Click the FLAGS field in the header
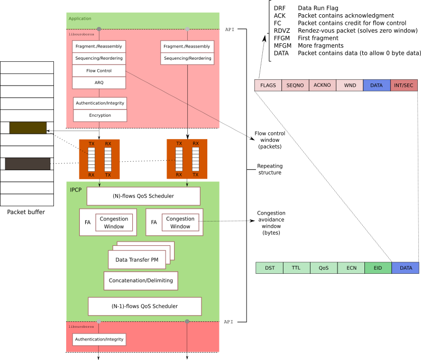click(268, 85)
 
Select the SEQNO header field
click(295, 85)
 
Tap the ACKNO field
click(322, 85)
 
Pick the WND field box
click(350, 85)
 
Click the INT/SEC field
click(404, 85)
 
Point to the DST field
click(270, 268)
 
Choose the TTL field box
click(296, 268)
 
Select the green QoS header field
click(324, 268)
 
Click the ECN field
click(351, 268)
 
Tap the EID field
click(378, 268)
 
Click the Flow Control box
click(99, 70)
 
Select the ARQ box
click(99, 82)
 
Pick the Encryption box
click(100, 115)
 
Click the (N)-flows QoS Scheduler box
click(143, 196)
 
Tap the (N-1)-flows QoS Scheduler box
click(144, 306)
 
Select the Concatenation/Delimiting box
click(141, 281)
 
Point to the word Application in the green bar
click(80, 19)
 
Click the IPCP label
click(76, 190)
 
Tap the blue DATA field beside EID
click(406, 268)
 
